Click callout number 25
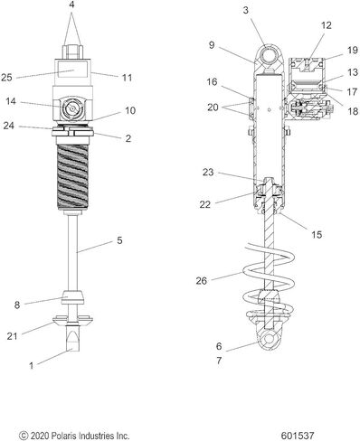click(x=6, y=78)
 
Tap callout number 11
click(x=128, y=78)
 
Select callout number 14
click(x=11, y=101)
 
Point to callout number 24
click(x=9, y=126)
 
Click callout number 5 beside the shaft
click(x=119, y=240)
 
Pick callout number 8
click(x=17, y=305)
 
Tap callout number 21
click(x=13, y=336)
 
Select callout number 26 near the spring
click(x=202, y=281)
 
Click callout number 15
click(x=317, y=234)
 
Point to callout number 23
click(x=208, y=173)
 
